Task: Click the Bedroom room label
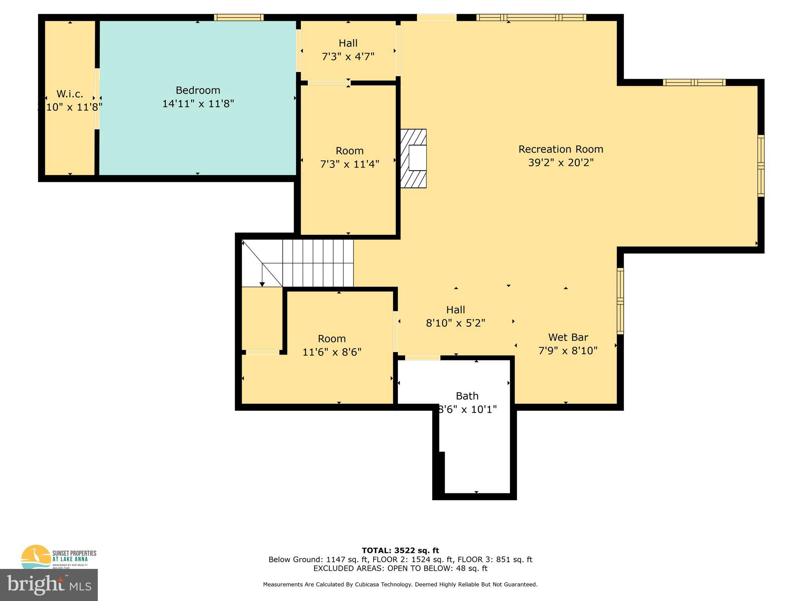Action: pos(198,90)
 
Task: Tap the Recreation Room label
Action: pos(560,149)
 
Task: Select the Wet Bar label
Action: pos(568,337)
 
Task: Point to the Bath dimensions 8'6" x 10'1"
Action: pos(467,409)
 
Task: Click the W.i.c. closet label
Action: pos(70,94)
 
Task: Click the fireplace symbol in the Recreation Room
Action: pos(413,158)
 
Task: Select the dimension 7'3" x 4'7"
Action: pos(348,57)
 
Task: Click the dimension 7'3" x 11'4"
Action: pos(350,164)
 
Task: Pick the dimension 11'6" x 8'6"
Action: pos(332,352)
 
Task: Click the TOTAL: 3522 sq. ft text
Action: pos(400,551)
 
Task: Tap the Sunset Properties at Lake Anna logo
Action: pos(59,556)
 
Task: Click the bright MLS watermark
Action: pos(49,585)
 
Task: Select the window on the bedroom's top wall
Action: pos(239,17)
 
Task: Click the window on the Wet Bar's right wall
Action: pos(620,301)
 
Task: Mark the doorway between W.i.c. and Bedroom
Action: pos(97,99)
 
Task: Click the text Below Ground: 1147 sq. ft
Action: pos(318,560)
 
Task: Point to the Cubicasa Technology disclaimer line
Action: pos(400,585)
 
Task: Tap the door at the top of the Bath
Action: pos(422,358)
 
